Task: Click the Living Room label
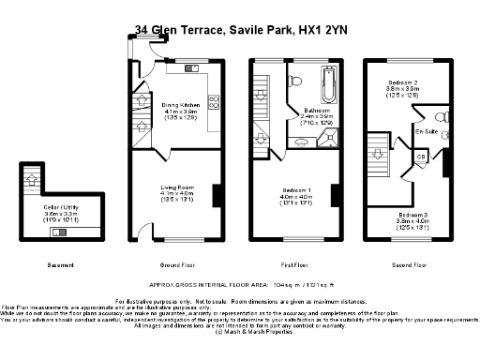[x=175, y=187]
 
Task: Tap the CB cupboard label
[x=421, y=156]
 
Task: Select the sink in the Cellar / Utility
[x=60, y=231]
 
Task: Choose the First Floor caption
[x=296, y=264]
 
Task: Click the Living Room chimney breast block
[x=217, y=194]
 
